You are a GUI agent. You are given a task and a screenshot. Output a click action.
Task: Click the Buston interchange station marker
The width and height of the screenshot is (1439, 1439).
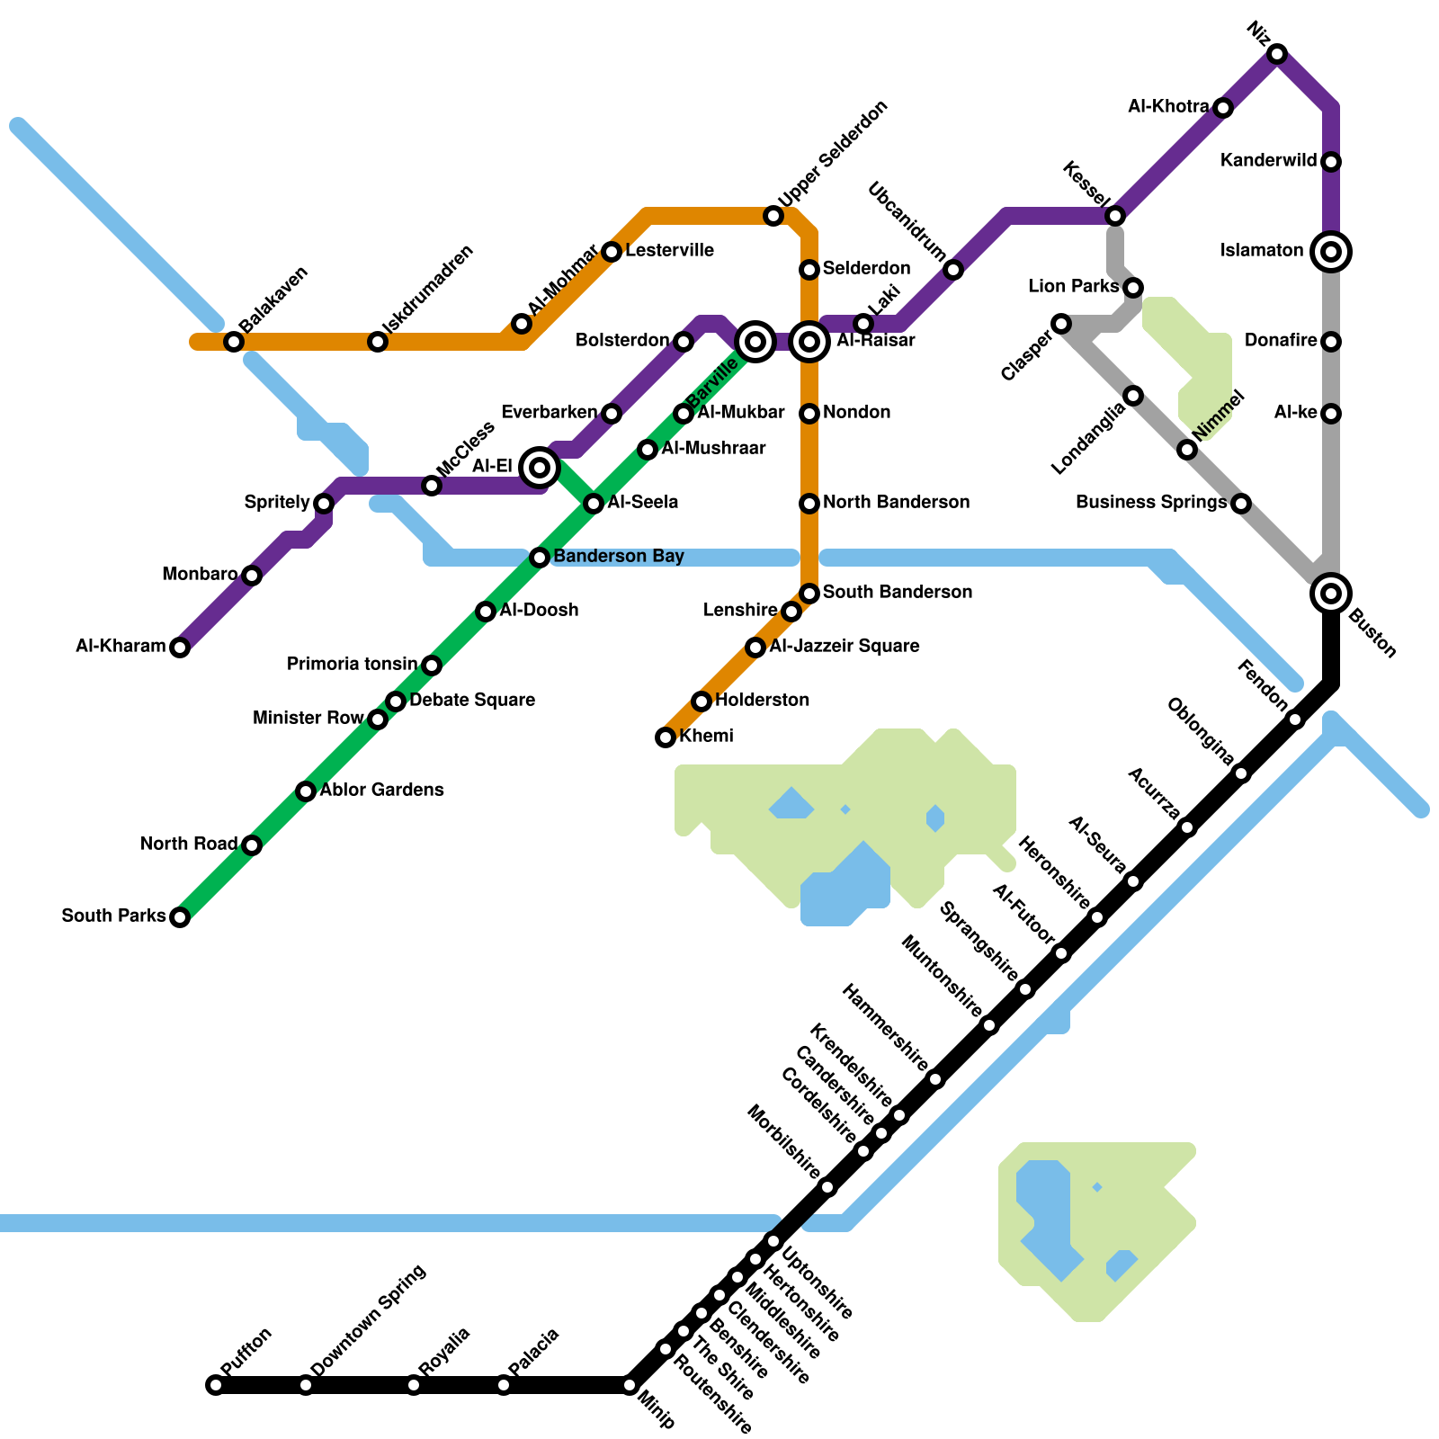[1331, 593]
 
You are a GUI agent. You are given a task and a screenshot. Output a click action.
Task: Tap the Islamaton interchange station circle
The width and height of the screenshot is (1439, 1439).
[1331, 251]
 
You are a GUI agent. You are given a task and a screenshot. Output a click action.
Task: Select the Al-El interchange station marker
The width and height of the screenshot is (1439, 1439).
[540, 467]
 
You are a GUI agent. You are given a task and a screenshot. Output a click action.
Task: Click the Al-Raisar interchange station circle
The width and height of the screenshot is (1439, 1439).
[809, 341]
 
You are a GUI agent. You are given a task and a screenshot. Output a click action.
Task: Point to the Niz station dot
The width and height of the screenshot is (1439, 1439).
[1277, 54]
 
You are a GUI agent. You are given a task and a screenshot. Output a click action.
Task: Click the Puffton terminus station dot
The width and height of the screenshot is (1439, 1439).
[216, 1384]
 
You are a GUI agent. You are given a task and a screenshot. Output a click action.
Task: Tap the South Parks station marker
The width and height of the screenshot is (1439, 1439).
[180, 917]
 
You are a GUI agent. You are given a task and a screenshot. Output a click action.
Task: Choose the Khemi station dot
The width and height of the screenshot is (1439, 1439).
[666, 737]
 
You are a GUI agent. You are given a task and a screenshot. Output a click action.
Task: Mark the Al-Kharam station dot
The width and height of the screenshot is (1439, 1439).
[180, 648]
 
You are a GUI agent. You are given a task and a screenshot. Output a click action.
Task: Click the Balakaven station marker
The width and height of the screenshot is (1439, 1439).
[234, 342]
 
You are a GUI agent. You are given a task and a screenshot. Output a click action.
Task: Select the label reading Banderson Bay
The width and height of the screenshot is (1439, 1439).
[619, 556]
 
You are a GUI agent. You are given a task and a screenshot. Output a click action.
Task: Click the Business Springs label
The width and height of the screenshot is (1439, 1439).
[1151, 502]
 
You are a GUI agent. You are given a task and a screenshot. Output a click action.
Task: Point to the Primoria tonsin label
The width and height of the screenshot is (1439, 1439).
[352, 664]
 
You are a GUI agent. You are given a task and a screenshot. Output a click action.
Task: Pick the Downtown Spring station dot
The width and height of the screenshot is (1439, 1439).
[306, 1384]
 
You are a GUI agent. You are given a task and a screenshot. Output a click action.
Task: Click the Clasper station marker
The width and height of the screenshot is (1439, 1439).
[1061, 324]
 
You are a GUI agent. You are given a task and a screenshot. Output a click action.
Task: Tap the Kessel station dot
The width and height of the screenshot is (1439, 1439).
[1115, 216]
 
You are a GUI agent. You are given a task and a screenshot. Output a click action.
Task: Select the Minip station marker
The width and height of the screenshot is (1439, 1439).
[630, 1384]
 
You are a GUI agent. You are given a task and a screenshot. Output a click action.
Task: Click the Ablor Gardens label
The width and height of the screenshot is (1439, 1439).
[381, 790]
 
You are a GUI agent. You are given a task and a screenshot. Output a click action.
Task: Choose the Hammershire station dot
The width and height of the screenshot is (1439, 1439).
[935, 1079]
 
